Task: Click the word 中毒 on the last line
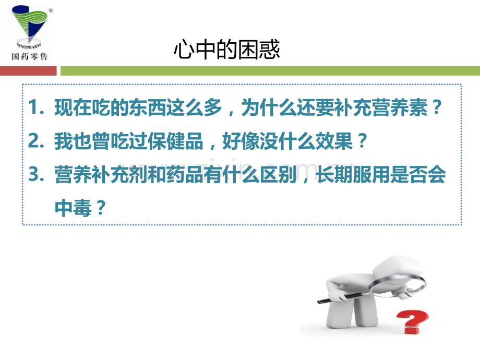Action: click(71, 208)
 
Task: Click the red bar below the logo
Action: click(29, 70)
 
